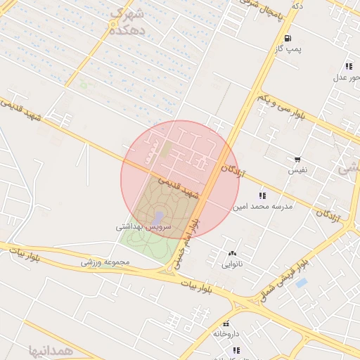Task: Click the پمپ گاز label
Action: click(x=288, y=49)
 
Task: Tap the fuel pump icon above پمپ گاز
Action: click(x=288, y=38)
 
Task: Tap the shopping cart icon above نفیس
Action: click(x=297, y=160)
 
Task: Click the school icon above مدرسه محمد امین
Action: click(x=262, y=195)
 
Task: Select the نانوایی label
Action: click(x=232, y=264)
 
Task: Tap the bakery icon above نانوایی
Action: click(x=232, y=254)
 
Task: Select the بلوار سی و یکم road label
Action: click(x=281, y=105)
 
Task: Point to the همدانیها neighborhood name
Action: click(x=51, y=349)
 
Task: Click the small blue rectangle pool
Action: click(x=302, y=283)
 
